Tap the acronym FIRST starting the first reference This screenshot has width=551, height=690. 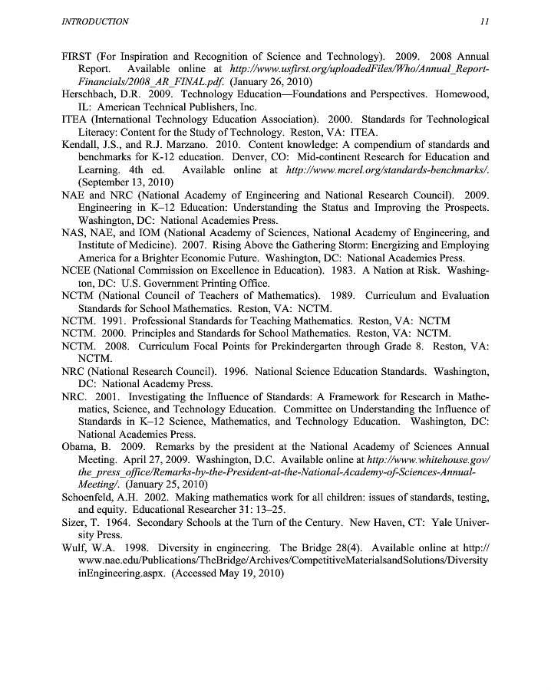tap(76, 58)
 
